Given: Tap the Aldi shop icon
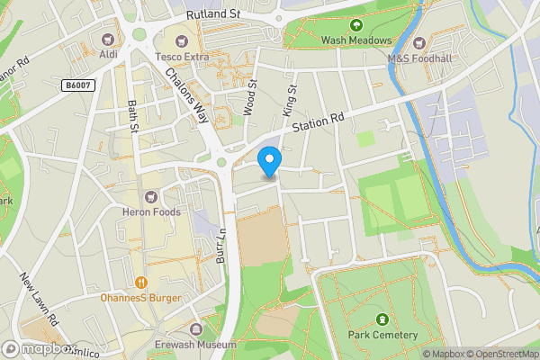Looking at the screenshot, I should [x=110, y=39].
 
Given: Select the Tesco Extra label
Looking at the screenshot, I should [x=181, y=56].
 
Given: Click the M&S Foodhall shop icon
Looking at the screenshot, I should [x=419, y=40].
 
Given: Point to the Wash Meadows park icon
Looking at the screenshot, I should [x=356, y=24].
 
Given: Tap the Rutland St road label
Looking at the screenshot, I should [x=214, y=14].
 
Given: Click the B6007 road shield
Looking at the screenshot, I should [x=78, y=85].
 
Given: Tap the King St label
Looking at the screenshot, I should [x=290, y=99].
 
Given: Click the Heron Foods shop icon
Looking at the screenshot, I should [x=151, y=195].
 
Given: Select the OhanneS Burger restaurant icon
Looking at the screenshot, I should [x=141, y=281].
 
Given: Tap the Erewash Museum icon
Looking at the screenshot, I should [x=196, y=328].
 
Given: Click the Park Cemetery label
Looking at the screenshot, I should [x=382, y=335].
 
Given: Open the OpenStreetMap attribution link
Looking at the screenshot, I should [x=500, y=354].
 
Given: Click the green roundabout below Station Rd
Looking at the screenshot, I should [x=222, y=163].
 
